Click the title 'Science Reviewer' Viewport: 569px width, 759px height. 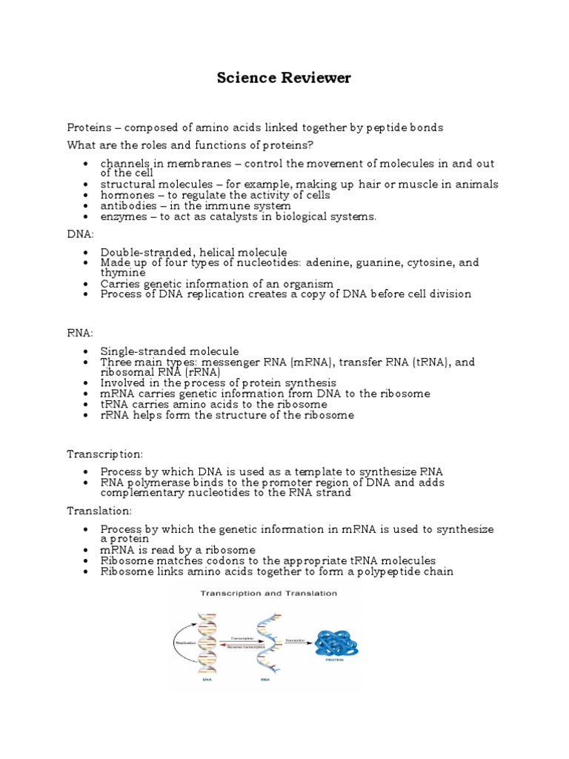[284, 78]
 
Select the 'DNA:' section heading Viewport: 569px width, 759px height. [81, 234]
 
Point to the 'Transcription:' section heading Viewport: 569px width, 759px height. [105, 454]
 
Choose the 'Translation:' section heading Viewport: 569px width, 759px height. [100, 511]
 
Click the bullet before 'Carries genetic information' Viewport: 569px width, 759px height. [87, 284]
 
